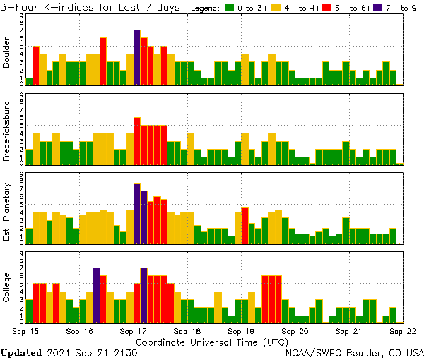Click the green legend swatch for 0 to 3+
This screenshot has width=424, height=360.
[x=229, y=8]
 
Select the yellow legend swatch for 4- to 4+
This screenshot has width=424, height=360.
[x=277, y=8]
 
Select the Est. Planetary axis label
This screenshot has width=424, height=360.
[x=7, y=212]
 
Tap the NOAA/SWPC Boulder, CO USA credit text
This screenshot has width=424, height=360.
[x=355, y=352]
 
